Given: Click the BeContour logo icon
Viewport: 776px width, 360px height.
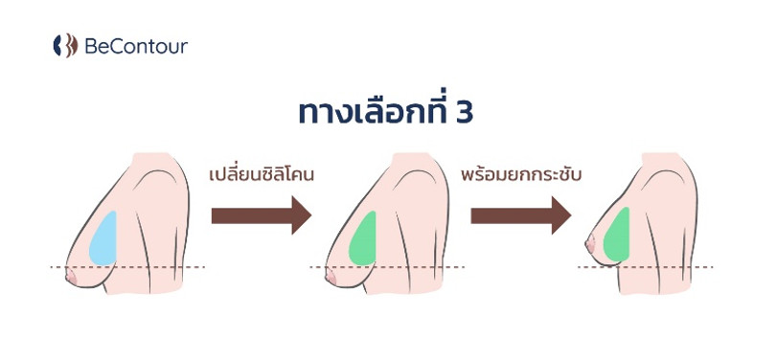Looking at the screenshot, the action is coord(64,45).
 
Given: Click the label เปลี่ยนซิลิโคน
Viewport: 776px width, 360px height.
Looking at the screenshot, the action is coord(262,178).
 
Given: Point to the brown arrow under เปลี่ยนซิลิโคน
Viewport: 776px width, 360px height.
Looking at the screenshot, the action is coord(262,214).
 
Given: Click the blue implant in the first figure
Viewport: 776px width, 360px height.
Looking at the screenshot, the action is coord(103,236).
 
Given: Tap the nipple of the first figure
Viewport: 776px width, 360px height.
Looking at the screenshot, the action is coord(68,276).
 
